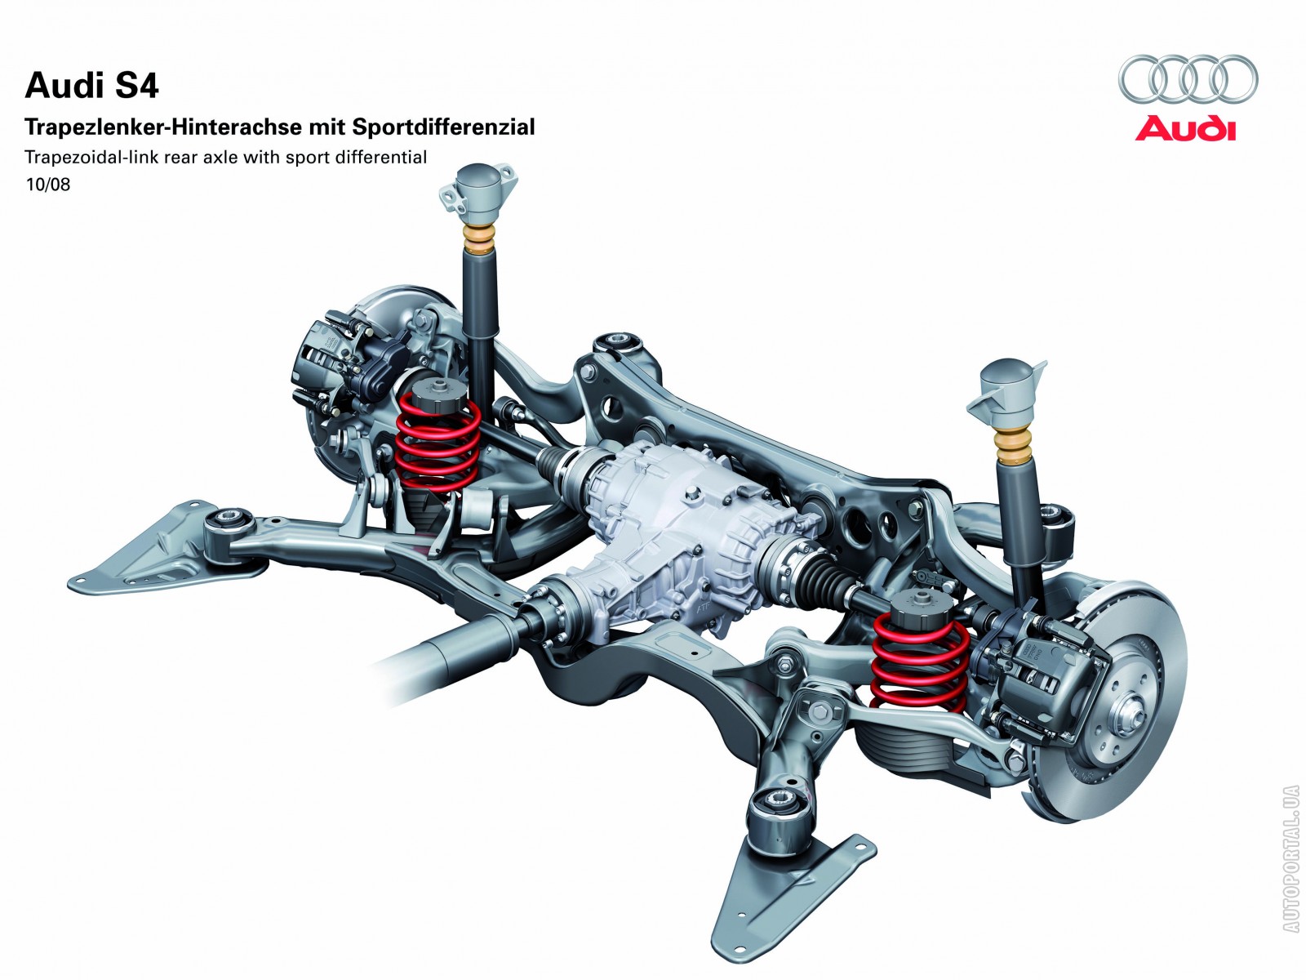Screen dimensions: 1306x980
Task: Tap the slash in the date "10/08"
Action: click(x=48, y=185)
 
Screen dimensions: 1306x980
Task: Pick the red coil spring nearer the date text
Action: click(x=438, y=441)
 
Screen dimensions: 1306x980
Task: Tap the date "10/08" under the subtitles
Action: click(x=48, y=185)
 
